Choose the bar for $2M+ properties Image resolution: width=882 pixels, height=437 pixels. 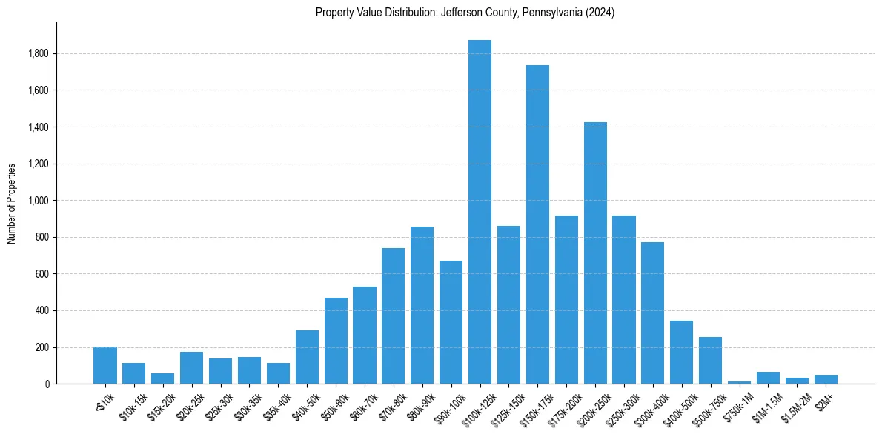(x=826, y=379)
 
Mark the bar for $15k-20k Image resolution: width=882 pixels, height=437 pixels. (x=163, y=378)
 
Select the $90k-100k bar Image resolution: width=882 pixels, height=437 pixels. (x=451, y=322)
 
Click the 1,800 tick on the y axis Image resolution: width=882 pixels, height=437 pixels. (x=39, y=53)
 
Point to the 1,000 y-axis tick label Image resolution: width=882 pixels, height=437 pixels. (x=39, y=201)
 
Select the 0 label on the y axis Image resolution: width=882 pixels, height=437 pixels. (x=46, y=384)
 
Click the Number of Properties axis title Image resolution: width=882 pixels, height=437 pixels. (x=12, y=203)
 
